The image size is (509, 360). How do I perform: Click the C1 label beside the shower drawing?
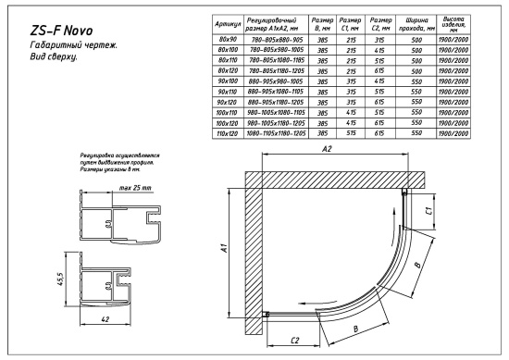tap(428, 212)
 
